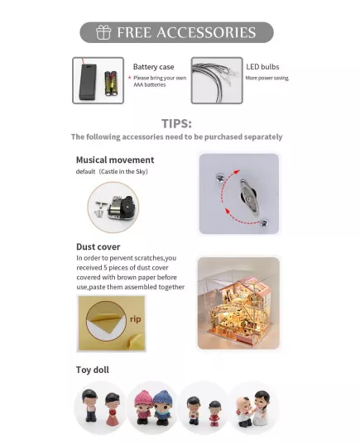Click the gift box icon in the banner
[x=103, y=32]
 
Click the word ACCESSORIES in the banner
[x=206, y=32]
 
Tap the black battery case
[x=88, y=82]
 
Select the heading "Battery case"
[x=153, y=67]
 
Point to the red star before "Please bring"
[x=130, y=78]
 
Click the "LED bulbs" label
[x=262, y=67]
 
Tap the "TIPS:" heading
[x=176, y=123]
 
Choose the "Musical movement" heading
[x=115, y=160]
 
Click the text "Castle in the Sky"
[x=124, y=171]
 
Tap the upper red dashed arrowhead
[x=236, y=172]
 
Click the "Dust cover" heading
[x=98, y=246]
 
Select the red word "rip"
[x=135, y=319]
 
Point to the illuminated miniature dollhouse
[x=238, y=308]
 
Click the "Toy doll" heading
[x=93, y=370]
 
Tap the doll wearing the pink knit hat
[x=144, y=407]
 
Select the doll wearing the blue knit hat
[x=163, y=408]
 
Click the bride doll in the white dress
[x=262, y=407]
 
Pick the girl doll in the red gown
[x=112, y=408]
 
